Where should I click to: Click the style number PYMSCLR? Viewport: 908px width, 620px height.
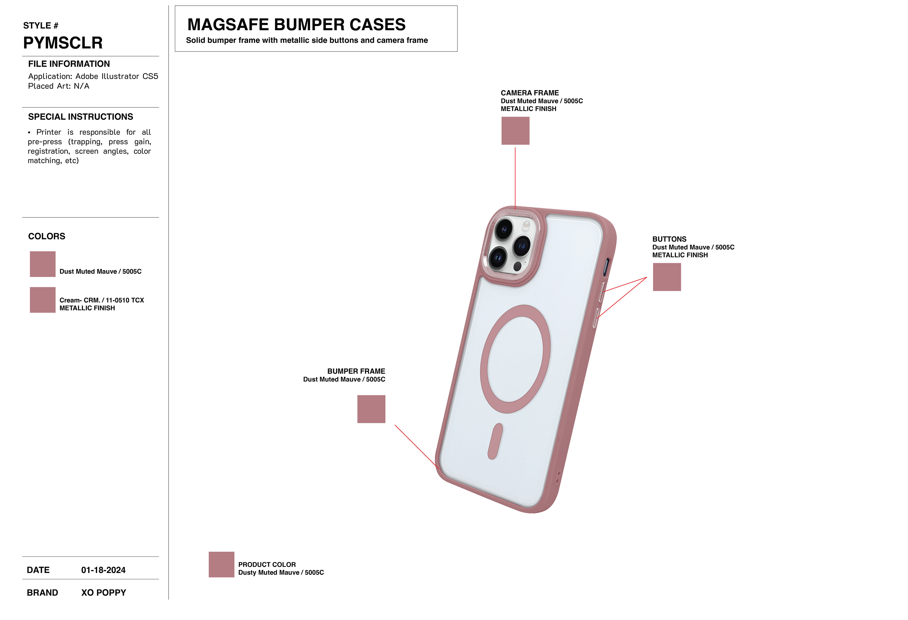(63, 43)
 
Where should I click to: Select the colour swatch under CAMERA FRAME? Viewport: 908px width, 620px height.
(515, 131)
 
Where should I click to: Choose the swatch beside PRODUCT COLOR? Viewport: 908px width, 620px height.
(221, 564)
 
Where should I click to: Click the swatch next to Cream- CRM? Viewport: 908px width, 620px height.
(43, 300)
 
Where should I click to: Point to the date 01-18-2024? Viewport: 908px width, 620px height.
(103, 570)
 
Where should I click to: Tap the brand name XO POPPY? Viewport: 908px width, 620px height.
(104, 593)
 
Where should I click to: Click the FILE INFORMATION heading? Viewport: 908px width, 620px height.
(69, 64)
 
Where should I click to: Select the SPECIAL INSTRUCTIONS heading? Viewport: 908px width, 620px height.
(80, 117)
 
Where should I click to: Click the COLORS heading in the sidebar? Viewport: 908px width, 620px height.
(47, 236)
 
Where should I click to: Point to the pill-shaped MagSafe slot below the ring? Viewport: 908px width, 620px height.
(495, 441)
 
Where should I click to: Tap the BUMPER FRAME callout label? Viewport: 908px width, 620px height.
(356, 371)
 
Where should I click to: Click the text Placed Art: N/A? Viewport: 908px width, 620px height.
(59, 86)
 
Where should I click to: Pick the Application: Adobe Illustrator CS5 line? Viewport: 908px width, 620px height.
(93, 76)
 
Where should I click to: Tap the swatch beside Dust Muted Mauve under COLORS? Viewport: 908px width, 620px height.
(43, 264)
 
